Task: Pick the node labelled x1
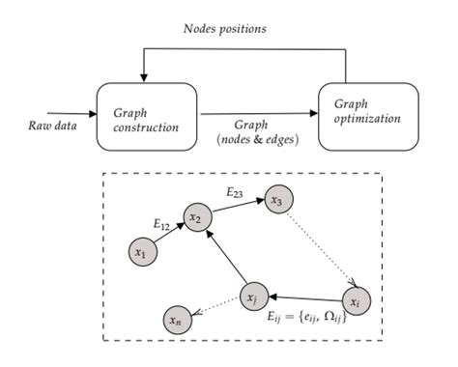[141, 252]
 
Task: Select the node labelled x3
[277, 201]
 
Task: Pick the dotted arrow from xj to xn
[215, 306]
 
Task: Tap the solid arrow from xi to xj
[305, 298]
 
